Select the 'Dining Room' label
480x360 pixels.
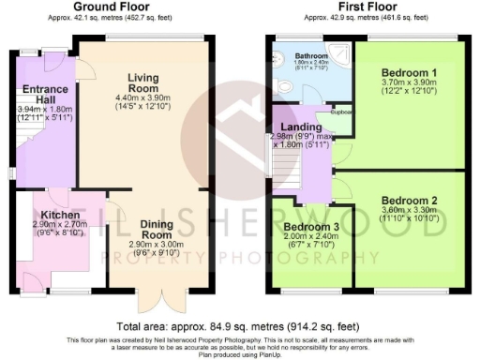point(156,231)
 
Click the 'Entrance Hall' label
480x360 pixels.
point(37,95)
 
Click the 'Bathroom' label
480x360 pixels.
point(302,56)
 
